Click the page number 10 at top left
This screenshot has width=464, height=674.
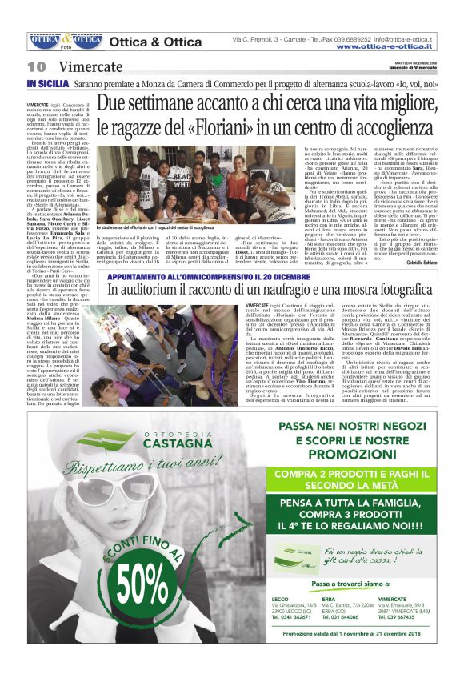(36, 66)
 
